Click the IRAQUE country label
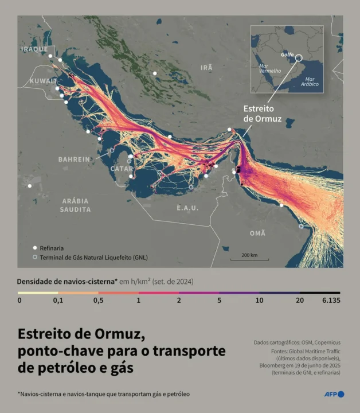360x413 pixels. click(34, 49)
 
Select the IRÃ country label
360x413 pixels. click(206, 68)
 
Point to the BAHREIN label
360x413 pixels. click(74, 159)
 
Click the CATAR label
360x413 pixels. click(122, 169)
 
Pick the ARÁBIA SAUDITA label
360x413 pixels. click(75, 205)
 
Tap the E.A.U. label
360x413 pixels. click(189, 207)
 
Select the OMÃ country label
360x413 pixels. click(257, 233)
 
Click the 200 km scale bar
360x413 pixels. click(249, 258)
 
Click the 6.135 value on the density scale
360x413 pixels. click(331, 300)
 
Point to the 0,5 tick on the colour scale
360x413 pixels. click(99, 300)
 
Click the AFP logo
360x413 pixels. click(333, 394)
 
